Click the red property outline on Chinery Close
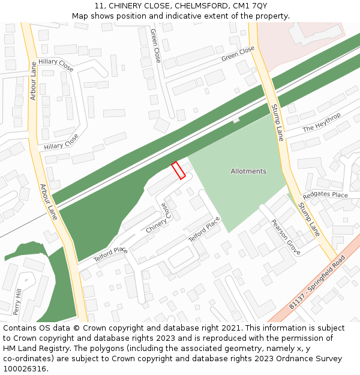click(x=178, y=170)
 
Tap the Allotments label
click(x=248, y=172)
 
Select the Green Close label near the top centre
click(x=155, y=46)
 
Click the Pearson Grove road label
click(x=285, y=236)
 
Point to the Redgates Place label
click(x=325, y=195)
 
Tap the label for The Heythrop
click(x=322, y=122)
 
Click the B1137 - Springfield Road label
click(x=317, y=282)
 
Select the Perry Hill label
click(x=18, y=302)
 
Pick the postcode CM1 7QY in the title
click(x=252, y=6)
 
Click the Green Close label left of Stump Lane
click(x=238, y=54)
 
